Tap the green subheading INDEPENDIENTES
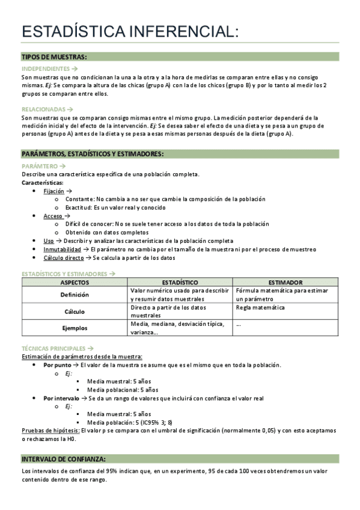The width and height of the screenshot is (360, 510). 46,69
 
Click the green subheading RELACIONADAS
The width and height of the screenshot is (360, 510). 44,109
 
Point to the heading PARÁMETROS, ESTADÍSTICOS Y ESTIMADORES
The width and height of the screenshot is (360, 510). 92,154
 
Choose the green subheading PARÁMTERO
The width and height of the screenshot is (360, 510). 40,166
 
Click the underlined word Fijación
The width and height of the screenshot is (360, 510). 53,191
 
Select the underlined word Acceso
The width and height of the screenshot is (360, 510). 52,215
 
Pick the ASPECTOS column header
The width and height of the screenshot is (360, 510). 75,282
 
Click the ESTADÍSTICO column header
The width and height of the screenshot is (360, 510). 180,282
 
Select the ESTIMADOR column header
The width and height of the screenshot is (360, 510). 285,282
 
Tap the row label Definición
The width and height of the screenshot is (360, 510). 75,295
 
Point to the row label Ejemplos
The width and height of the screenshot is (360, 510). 75,328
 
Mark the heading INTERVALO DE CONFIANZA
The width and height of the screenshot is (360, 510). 64,458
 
